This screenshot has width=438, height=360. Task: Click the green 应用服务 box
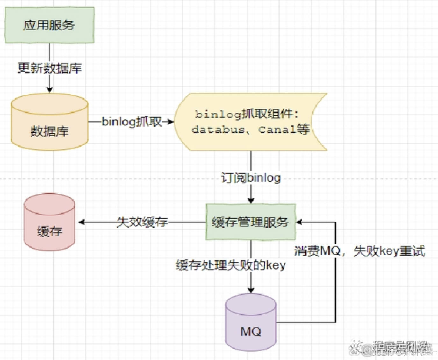click(49, 25)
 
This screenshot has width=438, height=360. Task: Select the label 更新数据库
click(49, 68)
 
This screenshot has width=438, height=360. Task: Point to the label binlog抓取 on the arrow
click(132, 122)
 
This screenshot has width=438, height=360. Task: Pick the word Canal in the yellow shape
click(277, 130)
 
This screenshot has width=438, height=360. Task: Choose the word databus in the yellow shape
click(218, 130)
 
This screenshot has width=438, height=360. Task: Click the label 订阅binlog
click(251, 178)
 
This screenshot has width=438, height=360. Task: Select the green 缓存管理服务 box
click(250, 222)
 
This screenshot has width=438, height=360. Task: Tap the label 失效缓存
click(142, 222)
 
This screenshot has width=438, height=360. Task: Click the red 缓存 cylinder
click(49, 223)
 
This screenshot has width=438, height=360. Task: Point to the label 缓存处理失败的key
click(231, 265)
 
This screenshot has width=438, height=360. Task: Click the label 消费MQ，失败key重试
click(359, 251)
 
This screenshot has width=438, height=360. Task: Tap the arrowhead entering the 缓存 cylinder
click(81, 222)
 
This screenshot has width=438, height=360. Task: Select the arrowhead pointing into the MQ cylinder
click(251, 290)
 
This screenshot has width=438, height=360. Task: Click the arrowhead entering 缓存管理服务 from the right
click(299, 222)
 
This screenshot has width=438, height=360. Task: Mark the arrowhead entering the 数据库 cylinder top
click(49, 90)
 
